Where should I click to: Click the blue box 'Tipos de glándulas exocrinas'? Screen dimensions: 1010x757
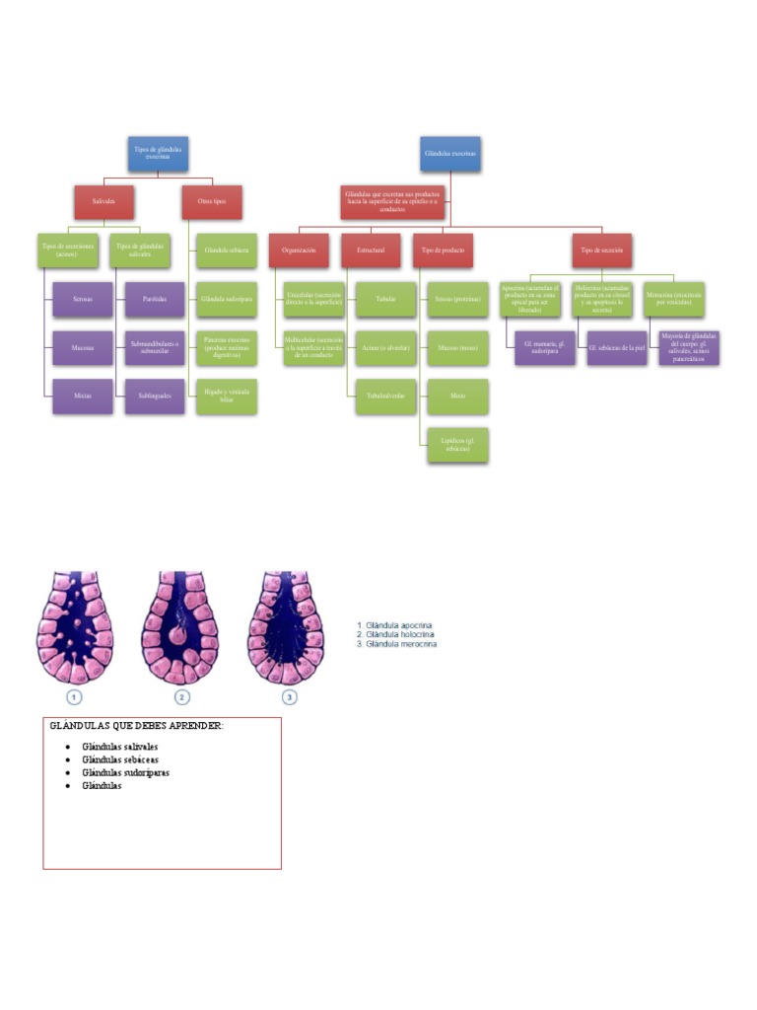pyautogui.click(x=158, y=153)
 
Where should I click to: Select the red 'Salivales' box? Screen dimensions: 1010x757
pyautogui.click(x=104, y=201)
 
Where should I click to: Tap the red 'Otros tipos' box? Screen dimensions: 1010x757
pyautogui.click(x=212, y=201)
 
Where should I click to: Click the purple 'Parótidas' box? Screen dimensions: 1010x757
pyautogui.click(x=155, y=299)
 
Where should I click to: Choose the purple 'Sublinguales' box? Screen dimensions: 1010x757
pyautogui.click(x=155, y=396)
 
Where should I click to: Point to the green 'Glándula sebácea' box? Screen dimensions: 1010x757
pyautogui.click(x=227, y=251)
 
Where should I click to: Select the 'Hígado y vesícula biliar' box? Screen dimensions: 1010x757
pyautogui.click(x=227, y=396)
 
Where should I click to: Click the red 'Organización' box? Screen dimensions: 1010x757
pyautogui.click(x=298, y=251)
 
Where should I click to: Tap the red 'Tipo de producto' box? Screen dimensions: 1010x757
pyautogui.click(x=443, y=251)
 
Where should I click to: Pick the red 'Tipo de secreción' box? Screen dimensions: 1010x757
pyautogui.click(x=601, y=251)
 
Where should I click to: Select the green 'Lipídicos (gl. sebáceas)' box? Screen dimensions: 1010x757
pyautogui.click(x=457, y=445)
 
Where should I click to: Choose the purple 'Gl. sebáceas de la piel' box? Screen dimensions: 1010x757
pyautogui.click(x=616, y=348)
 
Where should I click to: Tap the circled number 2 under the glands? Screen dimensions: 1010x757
pyautogui.click(x=181, y=697)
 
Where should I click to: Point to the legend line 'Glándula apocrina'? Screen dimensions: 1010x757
pyautogui.click(x=398, y=625)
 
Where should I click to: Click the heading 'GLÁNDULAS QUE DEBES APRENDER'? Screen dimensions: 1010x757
pyautogui.click(x=137, y=726)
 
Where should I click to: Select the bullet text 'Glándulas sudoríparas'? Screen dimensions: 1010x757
pyautogui.click(x=126, y=773)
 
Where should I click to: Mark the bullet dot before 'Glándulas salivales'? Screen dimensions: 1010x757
pyautogui.click(x=67, y=747)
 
